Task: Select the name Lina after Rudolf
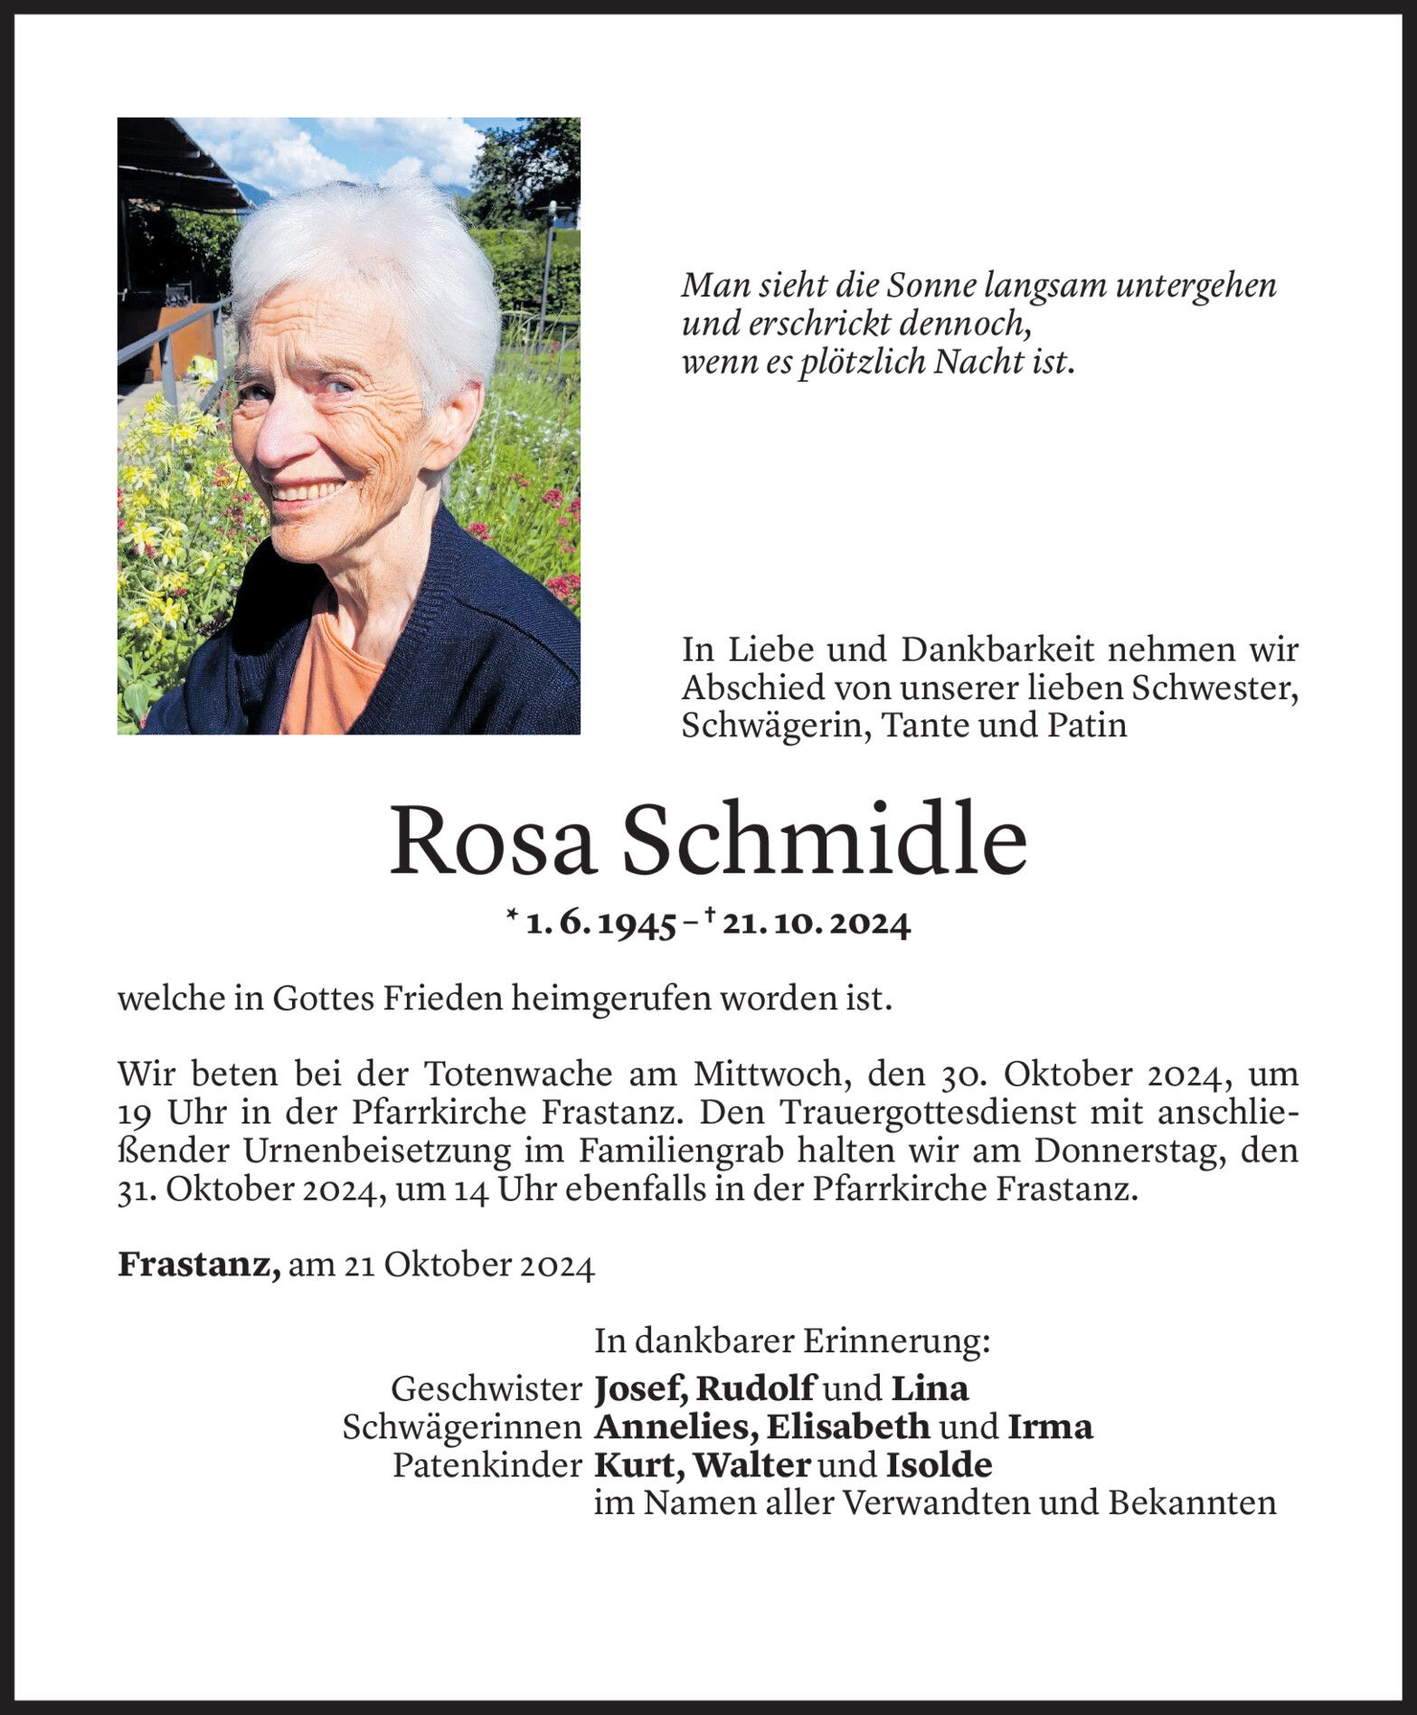tap(930, 1388)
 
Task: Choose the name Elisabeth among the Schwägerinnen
tap(847, 1426)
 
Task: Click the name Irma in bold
tap(1050, 1426)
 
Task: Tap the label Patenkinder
tap(487, 1465)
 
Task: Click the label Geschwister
tap(487, 1388)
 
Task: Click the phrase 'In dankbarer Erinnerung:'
tap(792, 1341)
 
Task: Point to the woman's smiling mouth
tap(309, 493)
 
